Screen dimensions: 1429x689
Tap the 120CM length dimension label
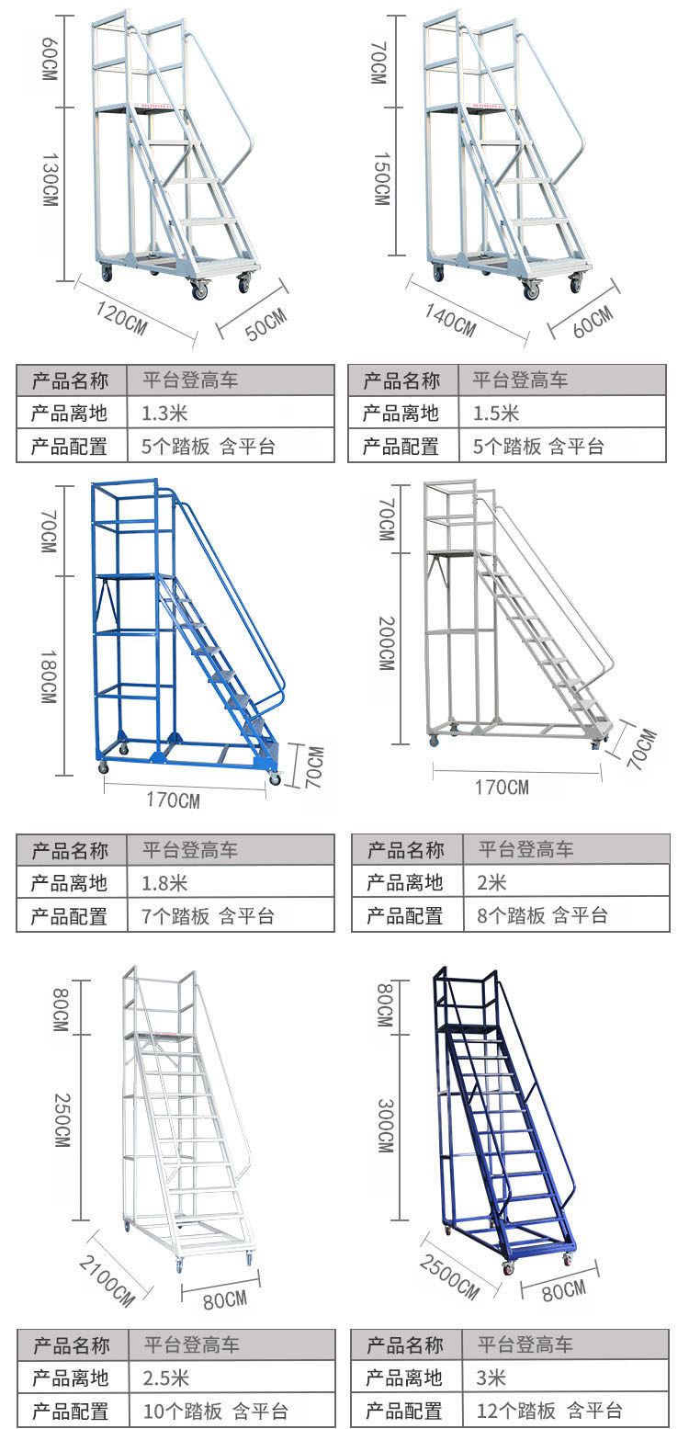pyautogui.click(x=122, y=317)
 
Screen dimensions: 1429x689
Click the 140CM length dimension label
pyautogui.click(x=450, y=317)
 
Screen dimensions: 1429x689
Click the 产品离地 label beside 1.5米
pyautogui.click(x=401, y=414)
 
